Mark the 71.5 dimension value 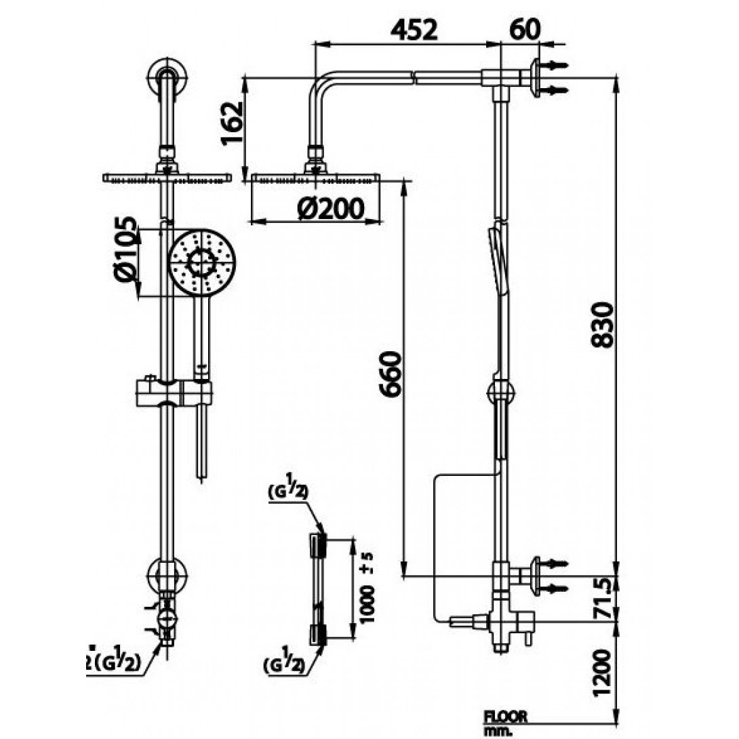tap(602, 597)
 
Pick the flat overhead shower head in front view tap(167, 178)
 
